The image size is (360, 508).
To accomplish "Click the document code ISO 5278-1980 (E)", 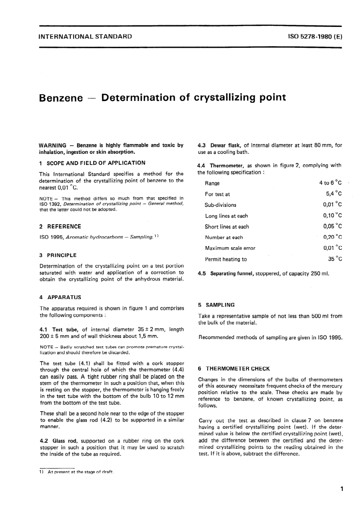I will (x=315, y=37).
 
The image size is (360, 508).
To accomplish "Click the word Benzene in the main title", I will (x=61, y=98).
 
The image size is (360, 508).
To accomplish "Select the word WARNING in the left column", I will (x=53, y=145).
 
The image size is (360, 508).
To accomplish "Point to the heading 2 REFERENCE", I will (x=60, y=227).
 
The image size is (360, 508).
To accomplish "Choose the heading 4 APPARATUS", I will (x=60, y=298).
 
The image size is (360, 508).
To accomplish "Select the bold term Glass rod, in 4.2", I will (x=65, y=441).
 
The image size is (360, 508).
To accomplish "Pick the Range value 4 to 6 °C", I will (x=330, y=183).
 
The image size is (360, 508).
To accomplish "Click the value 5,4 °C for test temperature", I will (x=334, y=194).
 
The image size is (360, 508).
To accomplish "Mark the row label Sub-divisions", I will (x=221, y=205).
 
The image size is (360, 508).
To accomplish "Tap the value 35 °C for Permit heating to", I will (x=335, y=259).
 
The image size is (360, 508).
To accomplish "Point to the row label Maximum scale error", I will (x=230, y=248).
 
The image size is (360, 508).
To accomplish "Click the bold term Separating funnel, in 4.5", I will (x=232, y=274).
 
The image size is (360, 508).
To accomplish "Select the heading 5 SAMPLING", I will (x=216, y=305).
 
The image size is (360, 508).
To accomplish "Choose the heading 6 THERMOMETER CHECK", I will (x=234, y=369).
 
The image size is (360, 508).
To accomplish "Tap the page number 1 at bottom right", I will (x=342, y=489).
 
